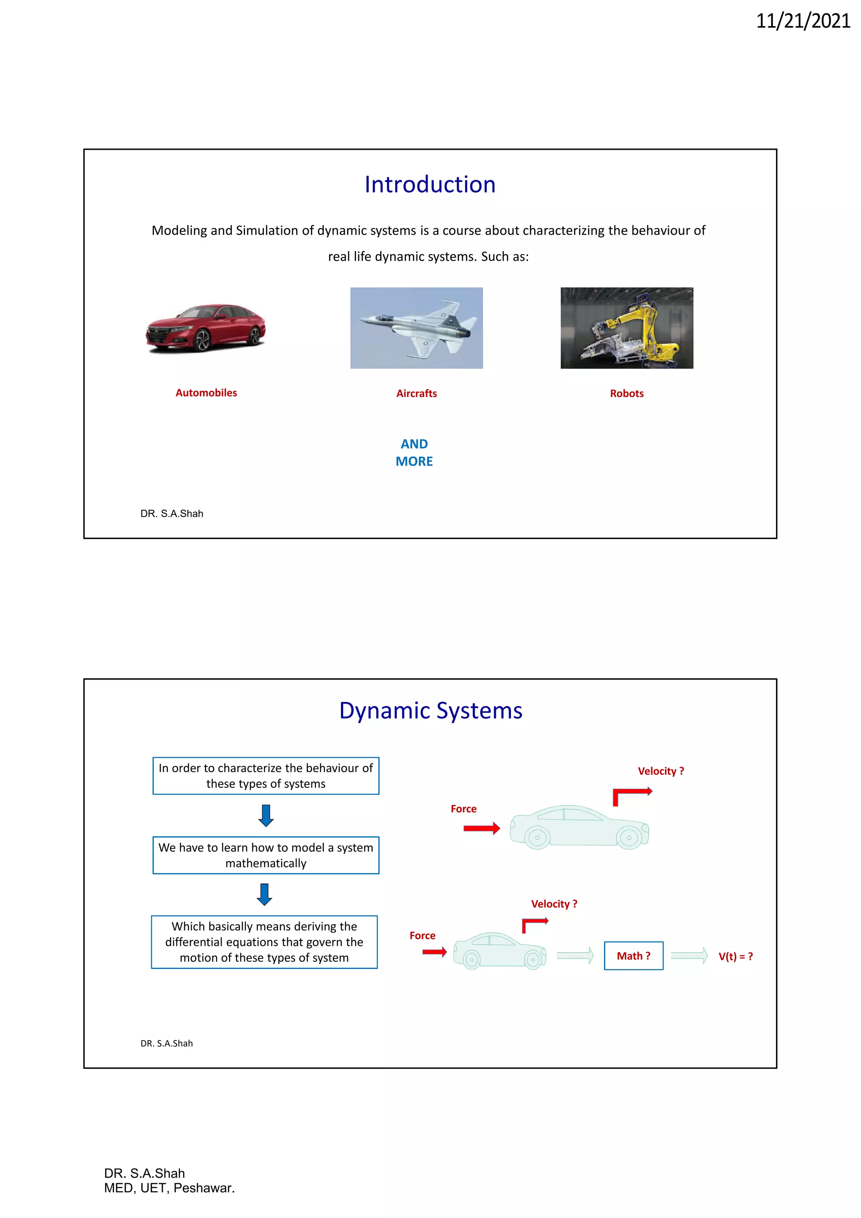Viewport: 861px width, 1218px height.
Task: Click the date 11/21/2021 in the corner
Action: pyautogui.click(x=802, y=21)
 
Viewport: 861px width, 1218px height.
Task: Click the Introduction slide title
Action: pyautogui.click(x=430, y=185)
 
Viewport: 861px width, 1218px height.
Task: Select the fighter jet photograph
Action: pyautogui.click(x=416, y=328)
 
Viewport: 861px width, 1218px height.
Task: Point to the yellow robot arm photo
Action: pyautogui.click(x=627, y=328)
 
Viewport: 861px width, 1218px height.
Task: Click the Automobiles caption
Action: pyautogui.click(x=206, y=392)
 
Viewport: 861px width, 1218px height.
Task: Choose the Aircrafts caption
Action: pyautogui.click(x=416, y=394)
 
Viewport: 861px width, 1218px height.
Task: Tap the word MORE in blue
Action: pyautogui.click(x=414, y=461)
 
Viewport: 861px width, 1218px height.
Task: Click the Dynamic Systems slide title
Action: pyautogui.click(x=430, y=711)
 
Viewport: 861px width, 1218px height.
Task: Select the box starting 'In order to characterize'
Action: pyautogui.click(x=266, y=776)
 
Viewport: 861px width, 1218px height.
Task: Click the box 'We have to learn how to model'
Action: pyautogui.click(x=266, y=855)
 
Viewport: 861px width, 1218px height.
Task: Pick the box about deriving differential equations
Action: pyautogui.click(x=264, y=942)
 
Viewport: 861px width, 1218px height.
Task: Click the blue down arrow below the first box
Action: pyautogui.click(x=266, y=816)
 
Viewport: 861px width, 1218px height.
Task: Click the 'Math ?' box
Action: pyautogui.click(x=633, y=956)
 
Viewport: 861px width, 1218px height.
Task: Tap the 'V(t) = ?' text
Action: pyautogui.click(x=735, y=956)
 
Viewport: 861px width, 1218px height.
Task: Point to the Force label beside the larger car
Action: pyautogui.click(x=463, y=809)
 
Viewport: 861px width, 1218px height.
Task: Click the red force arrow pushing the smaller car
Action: pyautogui.click(x=434, y=952)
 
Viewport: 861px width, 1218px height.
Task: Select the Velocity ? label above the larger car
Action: pyautogui.click(x=660, y=771)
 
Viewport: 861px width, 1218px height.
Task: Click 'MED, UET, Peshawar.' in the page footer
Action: pyautogui.click(x=169, y=1188)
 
